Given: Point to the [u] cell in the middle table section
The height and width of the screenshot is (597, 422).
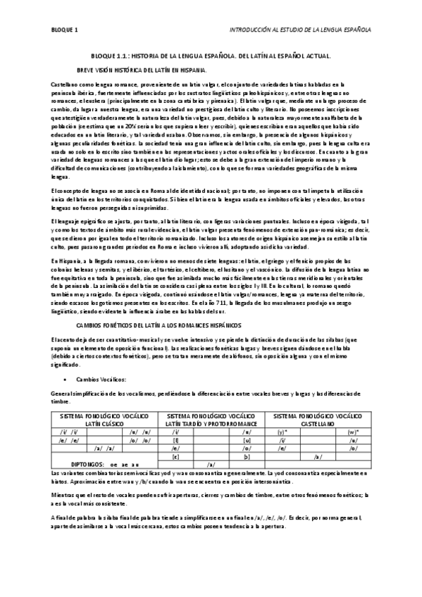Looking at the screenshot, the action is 247,439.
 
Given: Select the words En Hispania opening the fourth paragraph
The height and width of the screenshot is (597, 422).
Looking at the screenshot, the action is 68,260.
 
